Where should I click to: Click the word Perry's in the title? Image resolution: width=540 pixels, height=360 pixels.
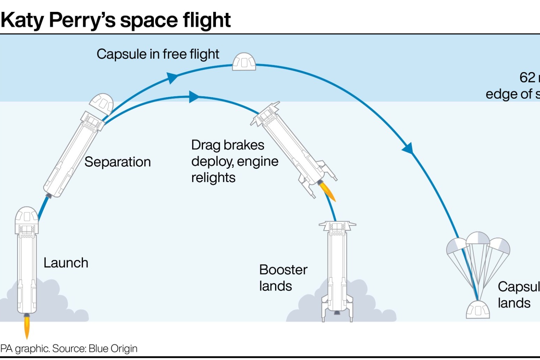[x=82, y=20]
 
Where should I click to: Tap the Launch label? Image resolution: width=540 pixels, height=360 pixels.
[x=66, y=263]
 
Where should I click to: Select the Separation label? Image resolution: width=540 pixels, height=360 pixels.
[x=118, y=162]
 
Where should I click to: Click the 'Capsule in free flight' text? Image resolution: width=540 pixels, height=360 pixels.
[x=158, y=54]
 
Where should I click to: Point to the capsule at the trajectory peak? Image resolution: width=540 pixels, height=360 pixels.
[x=244, y=62]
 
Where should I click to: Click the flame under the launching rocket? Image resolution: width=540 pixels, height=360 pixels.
[x=27, y=327]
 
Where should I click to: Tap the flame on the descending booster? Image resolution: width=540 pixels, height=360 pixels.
[x=328, y=192]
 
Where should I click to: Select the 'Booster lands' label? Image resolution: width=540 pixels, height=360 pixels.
[x=283, y=278]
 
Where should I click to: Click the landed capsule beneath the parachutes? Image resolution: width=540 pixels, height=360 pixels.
[x=478, y=309]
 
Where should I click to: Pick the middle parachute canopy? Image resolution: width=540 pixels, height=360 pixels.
[x=478, y=238]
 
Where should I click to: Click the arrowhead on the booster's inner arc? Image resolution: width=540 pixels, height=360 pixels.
[x=194, y=97]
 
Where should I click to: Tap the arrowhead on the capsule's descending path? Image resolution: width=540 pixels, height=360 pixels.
[x=408, y=148]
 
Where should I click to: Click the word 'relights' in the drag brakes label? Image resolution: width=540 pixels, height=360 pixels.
[x=213, y=178]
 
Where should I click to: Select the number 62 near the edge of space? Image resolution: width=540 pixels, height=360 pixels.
[x=527, y=77]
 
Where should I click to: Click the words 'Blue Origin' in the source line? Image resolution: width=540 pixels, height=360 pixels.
[x=113, y=348]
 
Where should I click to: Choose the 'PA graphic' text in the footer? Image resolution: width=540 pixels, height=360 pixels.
[x=25, y=348]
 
